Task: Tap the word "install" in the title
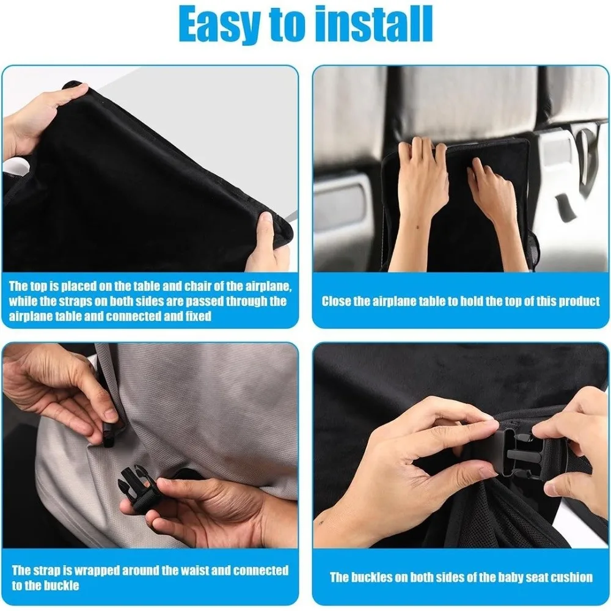pos(373,24)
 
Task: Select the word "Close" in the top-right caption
pos(336,301)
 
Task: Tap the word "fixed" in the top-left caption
pos(196,316)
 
